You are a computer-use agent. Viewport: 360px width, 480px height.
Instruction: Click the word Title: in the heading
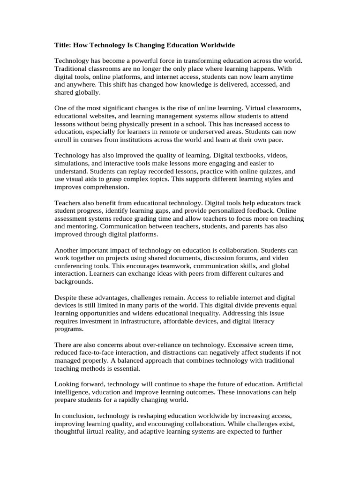point(64,45)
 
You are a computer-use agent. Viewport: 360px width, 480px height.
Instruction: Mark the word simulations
point(73,163)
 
